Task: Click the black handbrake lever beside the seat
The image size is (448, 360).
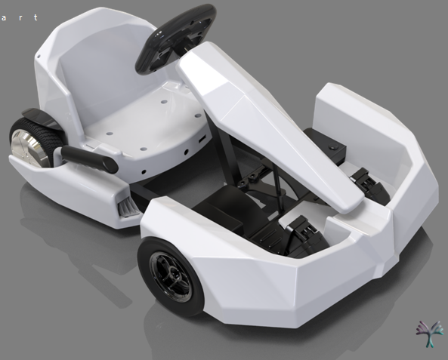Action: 88,158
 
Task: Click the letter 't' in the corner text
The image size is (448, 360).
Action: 36,17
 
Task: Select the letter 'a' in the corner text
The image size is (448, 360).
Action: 4,17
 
